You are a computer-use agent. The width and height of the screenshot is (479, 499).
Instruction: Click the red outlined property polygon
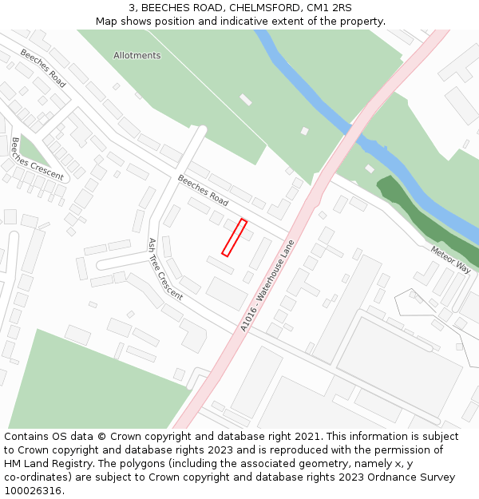point(233,238)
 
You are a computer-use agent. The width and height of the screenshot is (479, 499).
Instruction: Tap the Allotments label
point(137,56)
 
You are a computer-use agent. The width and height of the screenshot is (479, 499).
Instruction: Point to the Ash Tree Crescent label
point(165,268)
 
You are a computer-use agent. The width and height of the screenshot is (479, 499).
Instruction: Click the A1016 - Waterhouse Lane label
point(267,286)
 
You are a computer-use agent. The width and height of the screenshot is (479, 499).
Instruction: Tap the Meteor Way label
point(450,258)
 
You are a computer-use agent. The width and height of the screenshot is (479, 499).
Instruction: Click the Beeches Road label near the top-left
point(43,68)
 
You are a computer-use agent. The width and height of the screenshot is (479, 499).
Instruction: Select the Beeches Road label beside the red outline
point(203,190)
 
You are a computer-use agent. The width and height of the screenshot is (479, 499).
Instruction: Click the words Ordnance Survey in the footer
point(414,477)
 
